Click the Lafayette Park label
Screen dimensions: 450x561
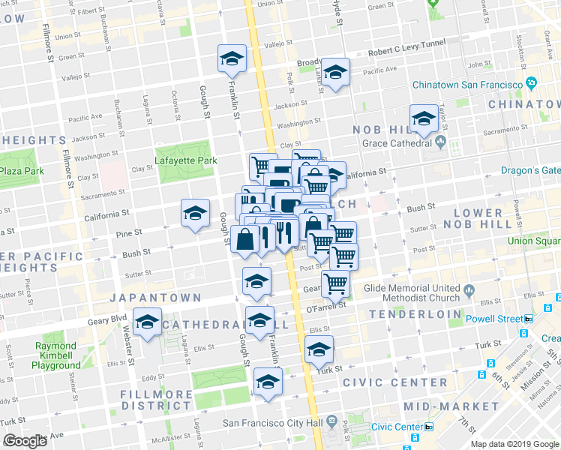pos(185,160)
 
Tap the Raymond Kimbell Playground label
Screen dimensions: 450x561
pos(56,355)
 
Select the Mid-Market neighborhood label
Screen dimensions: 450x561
pos(451,406)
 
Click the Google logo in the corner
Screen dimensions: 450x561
pos(25,441)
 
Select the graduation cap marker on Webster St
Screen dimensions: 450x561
pos(148,322)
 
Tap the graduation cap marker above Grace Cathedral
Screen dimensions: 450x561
pos(424,119)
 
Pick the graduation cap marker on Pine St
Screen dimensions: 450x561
pos(195,213)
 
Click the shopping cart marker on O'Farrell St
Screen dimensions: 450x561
pos(335,283)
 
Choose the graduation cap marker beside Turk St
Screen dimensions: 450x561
pos(319,351)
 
